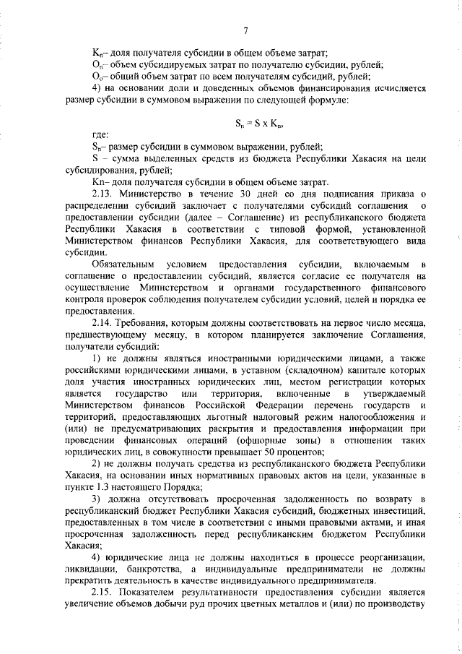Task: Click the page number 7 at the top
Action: (245, 30)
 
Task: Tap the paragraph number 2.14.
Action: (103, 321)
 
